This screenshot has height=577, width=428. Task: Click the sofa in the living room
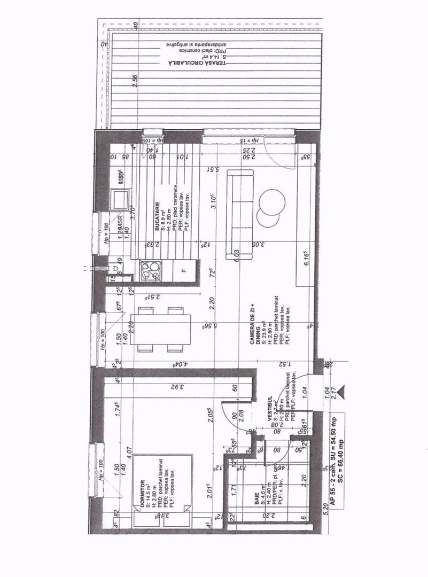pyautogui.click(x=240, y=213)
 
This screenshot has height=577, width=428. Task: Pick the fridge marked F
pyautogui.click(x=183, y=270)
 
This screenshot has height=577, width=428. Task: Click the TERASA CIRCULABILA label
pyautogui.click(x=198, y=63)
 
